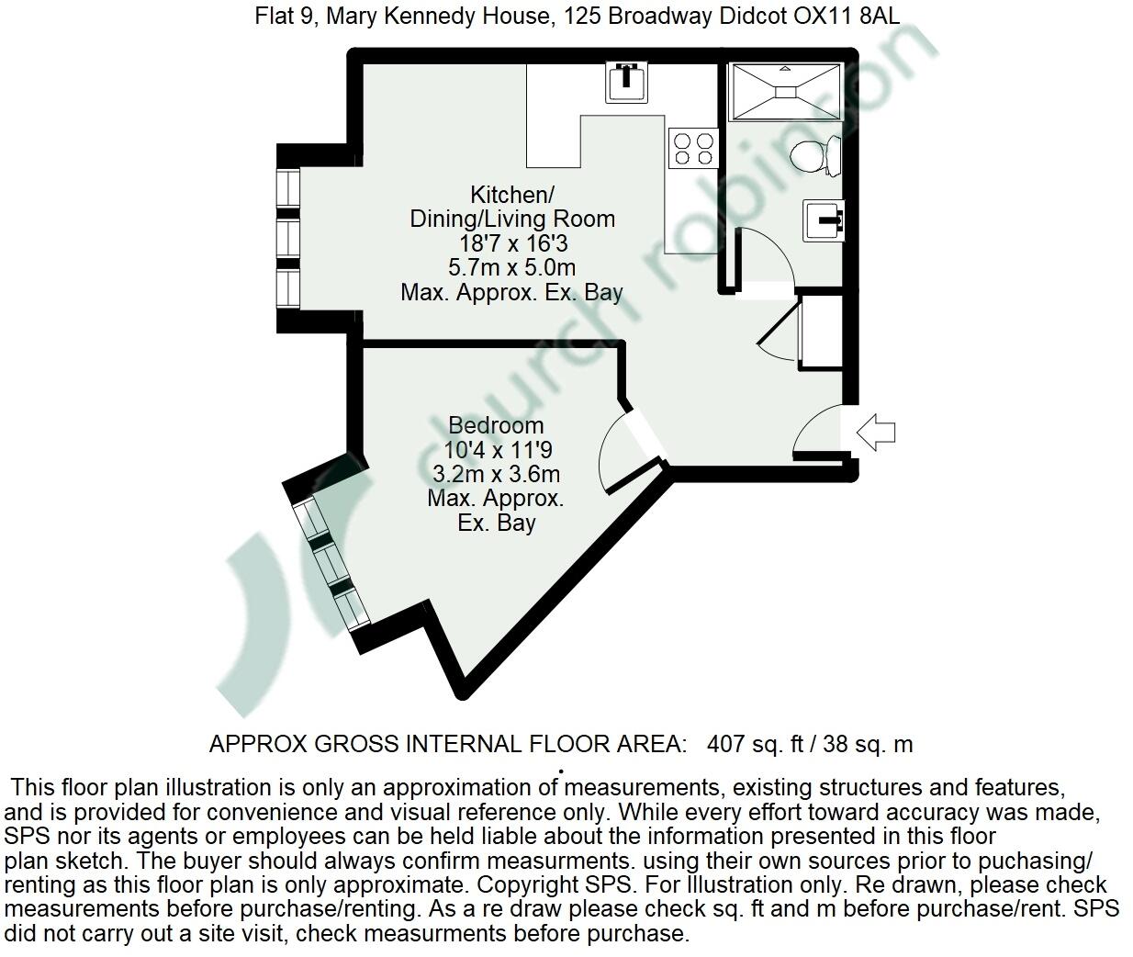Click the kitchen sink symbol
(x=627, y=82)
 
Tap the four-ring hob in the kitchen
(x=693, y=149)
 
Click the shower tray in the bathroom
(x=784, y=92)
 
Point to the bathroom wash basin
(x=824, y=220)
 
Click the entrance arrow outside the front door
(x=875, y=431)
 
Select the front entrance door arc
(x=813, y=427)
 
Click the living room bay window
(x=288, y=239)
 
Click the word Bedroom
(x=496, y=426)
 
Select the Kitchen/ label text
(x=511, y=195)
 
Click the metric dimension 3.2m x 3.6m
(x=496, y=475)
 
